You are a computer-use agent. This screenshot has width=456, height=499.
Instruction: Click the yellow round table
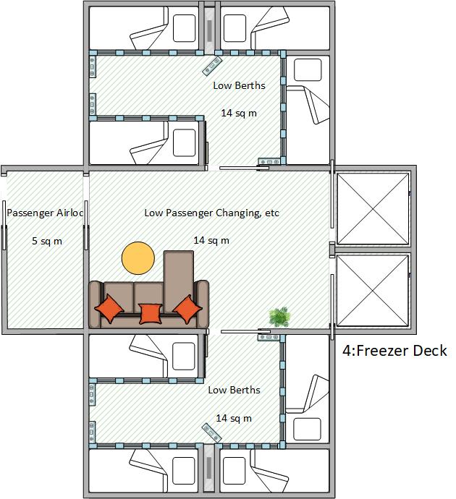138,258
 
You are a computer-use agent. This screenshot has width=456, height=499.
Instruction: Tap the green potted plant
280,317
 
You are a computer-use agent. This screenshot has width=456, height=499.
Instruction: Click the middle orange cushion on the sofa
151,314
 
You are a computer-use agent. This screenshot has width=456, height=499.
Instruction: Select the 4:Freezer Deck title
394,351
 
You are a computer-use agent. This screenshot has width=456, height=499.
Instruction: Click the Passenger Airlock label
45,213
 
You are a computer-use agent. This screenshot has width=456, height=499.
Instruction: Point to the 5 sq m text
47,241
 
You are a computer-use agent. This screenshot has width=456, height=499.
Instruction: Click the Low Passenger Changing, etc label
212,213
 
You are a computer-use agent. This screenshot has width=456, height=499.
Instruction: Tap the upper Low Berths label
239,85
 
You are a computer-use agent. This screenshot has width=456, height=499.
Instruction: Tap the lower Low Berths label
234,390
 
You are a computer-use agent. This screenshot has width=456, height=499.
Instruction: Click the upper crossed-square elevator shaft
373,209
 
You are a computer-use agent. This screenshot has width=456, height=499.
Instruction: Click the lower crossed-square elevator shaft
373,291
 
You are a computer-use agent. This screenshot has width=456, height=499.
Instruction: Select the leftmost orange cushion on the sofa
109,308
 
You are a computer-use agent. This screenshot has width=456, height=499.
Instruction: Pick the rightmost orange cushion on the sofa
187,310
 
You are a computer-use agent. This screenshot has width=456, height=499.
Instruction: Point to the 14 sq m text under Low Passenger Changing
211,240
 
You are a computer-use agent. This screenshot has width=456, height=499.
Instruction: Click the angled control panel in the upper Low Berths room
212,67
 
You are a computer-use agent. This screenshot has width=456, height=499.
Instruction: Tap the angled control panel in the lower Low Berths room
212,432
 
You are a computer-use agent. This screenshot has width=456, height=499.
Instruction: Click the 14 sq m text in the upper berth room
239,113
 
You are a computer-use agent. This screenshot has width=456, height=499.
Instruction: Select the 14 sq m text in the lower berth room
234,418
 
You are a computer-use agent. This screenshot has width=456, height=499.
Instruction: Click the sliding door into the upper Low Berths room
240,168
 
